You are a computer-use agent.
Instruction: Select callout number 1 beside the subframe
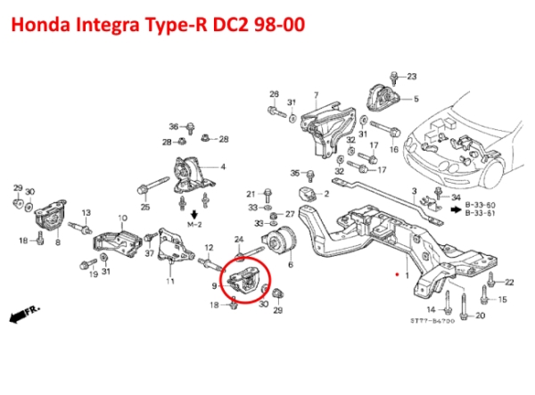pyautogui.click(x=407, y=277)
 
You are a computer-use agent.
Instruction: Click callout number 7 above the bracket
pyautogui.click(x=316, y=95)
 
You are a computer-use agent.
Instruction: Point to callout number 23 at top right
pyautogui.click(x=412, y=78)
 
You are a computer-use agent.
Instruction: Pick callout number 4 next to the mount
pyautogui.click(x=222, y=167)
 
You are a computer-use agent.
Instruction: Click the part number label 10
pyautogui.click(x=122, y=218)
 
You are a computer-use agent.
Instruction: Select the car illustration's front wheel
pyautogui.click(x=480, y=169)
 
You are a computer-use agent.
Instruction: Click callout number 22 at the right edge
pyautogui.click(x=509, y=282)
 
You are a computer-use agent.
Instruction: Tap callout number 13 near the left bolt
pyautogui.click(x=86, y=213)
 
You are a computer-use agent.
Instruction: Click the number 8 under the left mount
pyautogui.click(x=58, y=242)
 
